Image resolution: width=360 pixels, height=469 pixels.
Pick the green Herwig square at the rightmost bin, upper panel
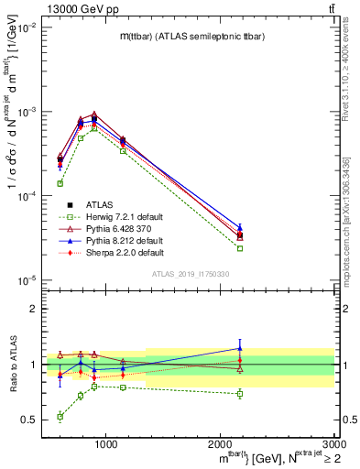[x=240, y=248]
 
